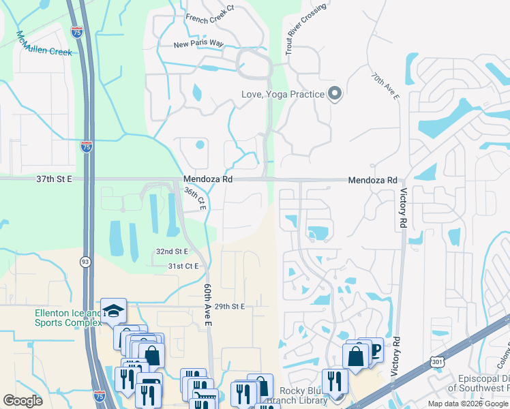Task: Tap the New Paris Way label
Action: pyautogui.click(x=198, y=44)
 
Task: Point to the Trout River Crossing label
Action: pyautogui.click(x=306, y=29)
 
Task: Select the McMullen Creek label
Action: pyautogui.click(x=44, y=43)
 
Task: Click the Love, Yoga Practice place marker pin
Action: pyautogui.click(x=335, y=94)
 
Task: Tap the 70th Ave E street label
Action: pyautogui.click(x=386, y=87)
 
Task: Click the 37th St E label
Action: pyautogui.click(x=54, y=179)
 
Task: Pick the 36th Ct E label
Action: pyautogui.click(x=194, y=198)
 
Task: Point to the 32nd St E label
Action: pyautogui.click(x=172, y=252)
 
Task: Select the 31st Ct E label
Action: pyautogui.click(x=183, y=266)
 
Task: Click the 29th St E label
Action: pyautogui.click(x=229, y=307)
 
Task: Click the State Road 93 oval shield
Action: pyautogui.click(x=85, y=261)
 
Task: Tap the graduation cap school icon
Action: pyautogui.click(x=113, y=311)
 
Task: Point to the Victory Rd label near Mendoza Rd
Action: pyautogui.click(x=403, y=209)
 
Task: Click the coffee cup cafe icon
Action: pyautogui.click(x=374, y=350)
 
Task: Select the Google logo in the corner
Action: pyautogui.click(x=22, y=400)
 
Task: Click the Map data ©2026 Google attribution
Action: pyautogui.click(x=467, y=404)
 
